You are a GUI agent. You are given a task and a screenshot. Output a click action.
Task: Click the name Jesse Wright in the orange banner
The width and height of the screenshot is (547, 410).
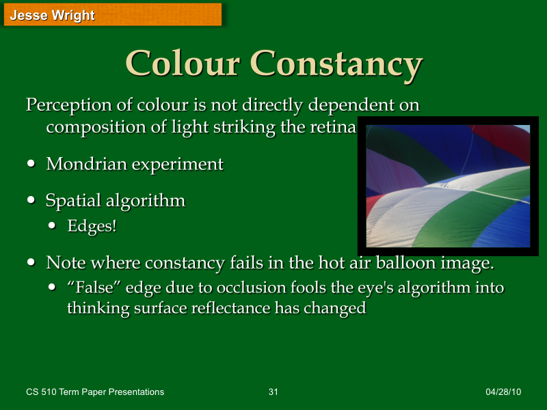[x=53, y=15]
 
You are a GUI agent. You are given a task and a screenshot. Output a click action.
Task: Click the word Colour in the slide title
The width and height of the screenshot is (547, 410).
[x=183, y=64]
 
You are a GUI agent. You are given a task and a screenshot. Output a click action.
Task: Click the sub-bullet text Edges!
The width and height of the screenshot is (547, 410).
[x=92, y=226]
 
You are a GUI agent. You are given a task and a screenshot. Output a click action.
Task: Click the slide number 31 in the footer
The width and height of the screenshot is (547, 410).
[x=273, y=392]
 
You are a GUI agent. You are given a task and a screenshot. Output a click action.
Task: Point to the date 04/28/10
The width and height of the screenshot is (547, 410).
[x=503, y=392]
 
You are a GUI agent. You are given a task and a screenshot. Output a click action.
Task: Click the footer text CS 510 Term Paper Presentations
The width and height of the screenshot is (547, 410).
[x=95, y=392]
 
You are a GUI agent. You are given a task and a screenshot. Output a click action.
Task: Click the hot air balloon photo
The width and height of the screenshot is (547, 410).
[x=449, y=186]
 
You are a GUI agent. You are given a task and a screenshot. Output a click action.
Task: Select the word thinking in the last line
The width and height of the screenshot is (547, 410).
[x=94, y=307]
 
